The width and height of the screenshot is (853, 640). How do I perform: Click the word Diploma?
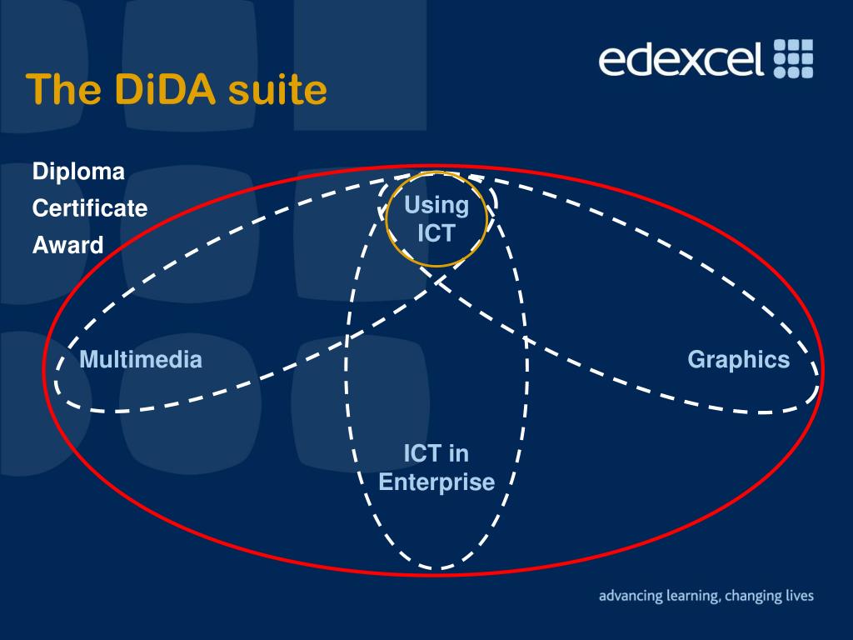78,172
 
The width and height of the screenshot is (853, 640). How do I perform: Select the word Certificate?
90,208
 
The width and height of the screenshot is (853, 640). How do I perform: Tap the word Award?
68,245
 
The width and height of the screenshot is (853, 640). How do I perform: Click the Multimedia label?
141,360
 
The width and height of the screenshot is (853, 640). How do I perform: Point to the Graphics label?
738,359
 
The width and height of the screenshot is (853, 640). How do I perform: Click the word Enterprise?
436,482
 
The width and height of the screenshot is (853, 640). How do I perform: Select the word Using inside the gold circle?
436,205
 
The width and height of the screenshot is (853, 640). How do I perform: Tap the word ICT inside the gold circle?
436,232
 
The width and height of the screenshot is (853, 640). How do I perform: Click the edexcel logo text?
681,59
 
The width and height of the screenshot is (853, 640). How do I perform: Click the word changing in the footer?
753,597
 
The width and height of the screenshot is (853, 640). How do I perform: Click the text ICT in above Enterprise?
436,454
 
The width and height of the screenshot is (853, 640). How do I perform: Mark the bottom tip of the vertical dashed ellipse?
436,569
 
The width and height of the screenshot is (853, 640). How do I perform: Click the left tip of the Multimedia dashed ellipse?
57,383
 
